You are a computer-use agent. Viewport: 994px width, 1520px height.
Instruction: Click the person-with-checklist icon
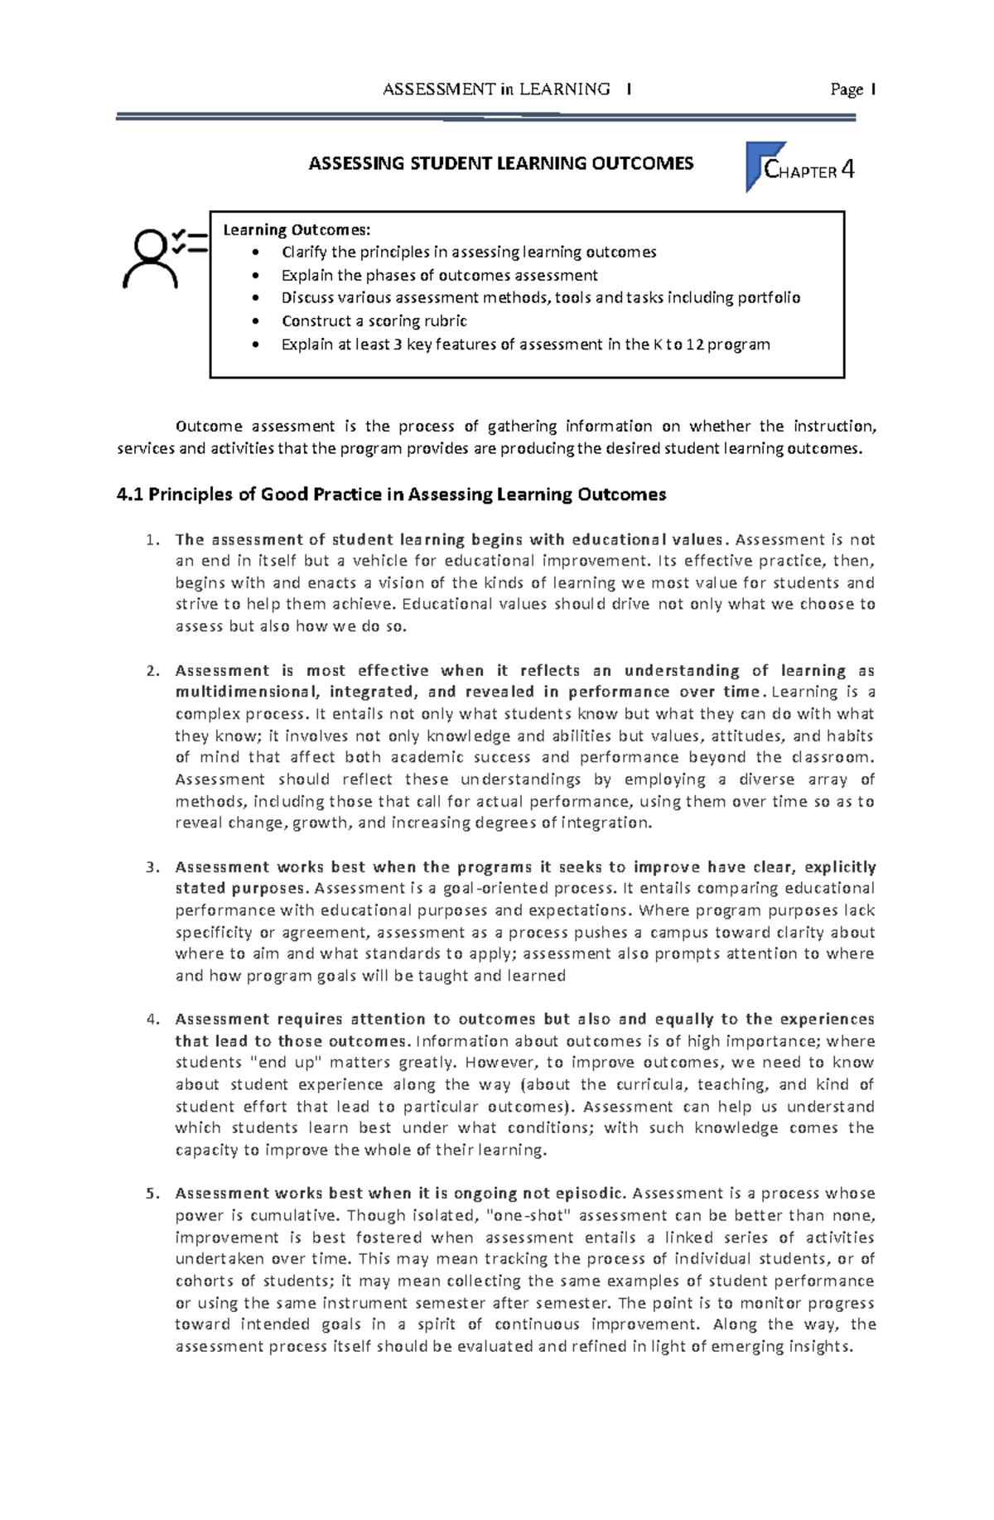coord(163,258)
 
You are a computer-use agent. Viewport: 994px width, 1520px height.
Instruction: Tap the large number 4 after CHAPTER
coord(847,171)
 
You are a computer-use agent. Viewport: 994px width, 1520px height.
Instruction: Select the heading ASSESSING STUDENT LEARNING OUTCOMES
coord(501,163)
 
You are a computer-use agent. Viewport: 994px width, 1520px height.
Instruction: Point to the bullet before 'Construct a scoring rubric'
coord(262,321)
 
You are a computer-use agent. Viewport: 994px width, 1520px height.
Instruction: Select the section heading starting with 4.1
coord(393,495)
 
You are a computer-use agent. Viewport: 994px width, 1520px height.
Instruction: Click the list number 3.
coord(151,867)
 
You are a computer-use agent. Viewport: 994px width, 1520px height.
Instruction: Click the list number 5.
coord(151,1194)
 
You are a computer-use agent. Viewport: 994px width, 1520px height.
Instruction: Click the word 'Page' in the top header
coord(847,89)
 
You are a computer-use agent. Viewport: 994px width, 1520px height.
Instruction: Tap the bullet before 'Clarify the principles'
coord(262,253)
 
